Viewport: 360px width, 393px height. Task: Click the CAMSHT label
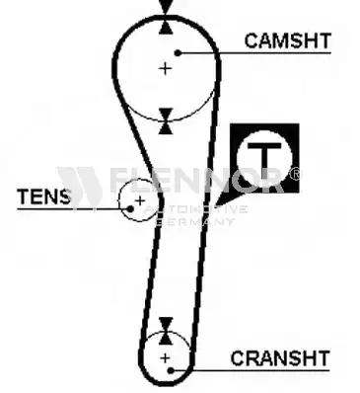pyautogui.click(x=287, y=40)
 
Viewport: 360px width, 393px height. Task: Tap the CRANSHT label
pyautogui.click(x=280, y=358)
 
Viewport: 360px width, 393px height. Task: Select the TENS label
pyautogui.click(x=43, y=196)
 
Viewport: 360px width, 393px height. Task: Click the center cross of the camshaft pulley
pyautogui.click(x=165, y=69)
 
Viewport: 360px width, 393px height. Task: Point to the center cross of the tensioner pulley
pyautogui.click(x=140, y=200)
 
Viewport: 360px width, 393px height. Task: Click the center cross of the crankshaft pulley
pyautogui.click(x=165, y=357)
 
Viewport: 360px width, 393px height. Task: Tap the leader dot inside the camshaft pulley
pyautogui.click(x=178, y=52)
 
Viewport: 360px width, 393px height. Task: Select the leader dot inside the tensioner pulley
pyautogui.click(x=130, y=208)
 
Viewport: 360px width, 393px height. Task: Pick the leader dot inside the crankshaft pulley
pyautogui.click(x=171, y=370)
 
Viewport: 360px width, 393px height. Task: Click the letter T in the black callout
pyautogui.click(x=264, y=156)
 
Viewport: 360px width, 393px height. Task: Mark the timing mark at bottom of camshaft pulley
pyautogui.click(x=166, y=121)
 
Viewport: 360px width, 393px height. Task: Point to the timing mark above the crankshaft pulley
pyautogui.click(x=166, y=331)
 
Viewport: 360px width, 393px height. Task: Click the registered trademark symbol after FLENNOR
pyautogui.click(x=296, y=174)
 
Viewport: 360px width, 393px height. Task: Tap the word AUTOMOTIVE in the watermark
pyautogui.click(x=196, y=209)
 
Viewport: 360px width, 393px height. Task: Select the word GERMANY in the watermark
pyautogui.click(x=194, y=221)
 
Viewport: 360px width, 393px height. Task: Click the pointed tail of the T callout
pyautogui.click(x=216, y=204)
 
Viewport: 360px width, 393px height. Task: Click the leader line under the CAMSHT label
pyautogui.click(x=254, y=52)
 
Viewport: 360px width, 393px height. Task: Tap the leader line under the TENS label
pyautogui.click(x=74, y=208)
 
